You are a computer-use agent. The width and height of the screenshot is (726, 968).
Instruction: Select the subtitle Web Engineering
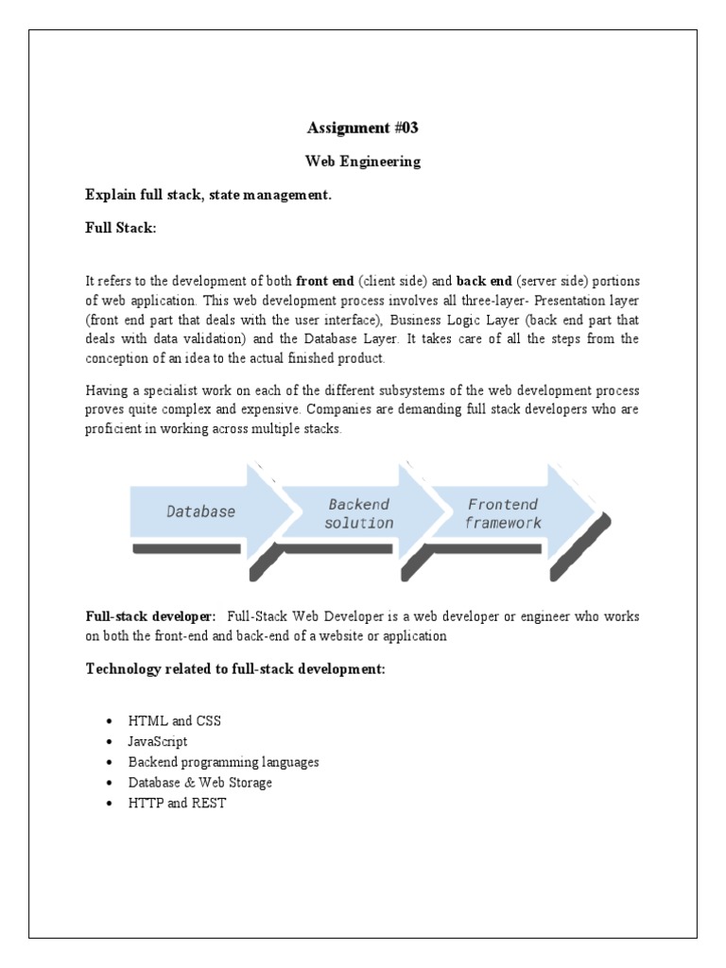click(x=362, y=162)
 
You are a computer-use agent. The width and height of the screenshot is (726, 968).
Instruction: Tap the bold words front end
click(x=325, y=281)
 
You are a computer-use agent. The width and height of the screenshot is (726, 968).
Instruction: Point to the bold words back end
click(x=484, y=281)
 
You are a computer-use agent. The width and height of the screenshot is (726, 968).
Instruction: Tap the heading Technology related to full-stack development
click(x=235, y=669)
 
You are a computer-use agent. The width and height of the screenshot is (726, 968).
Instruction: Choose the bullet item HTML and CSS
click(x=175, y=720)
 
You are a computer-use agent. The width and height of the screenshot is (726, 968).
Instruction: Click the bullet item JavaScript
click(x=159, y=741)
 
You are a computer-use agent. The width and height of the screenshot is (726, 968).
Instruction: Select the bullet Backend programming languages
click(x=224, y=762)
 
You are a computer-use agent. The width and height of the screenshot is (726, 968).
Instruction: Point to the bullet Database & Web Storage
click(x=200, y=783)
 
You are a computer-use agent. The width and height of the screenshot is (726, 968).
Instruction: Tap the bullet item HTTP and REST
click(x=178, y=804)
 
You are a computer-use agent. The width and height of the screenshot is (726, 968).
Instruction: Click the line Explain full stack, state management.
click(x=208, y=196)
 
